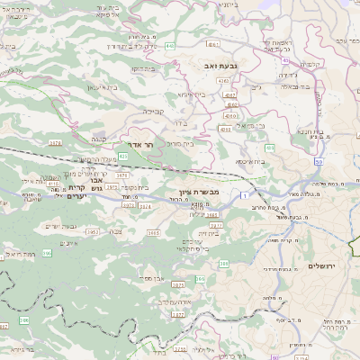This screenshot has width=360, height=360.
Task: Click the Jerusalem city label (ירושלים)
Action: [320, 266]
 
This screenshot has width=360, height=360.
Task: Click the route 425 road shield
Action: [121, 157]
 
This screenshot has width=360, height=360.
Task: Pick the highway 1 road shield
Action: [243, 194]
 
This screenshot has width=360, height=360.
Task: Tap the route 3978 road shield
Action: [56, 142]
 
